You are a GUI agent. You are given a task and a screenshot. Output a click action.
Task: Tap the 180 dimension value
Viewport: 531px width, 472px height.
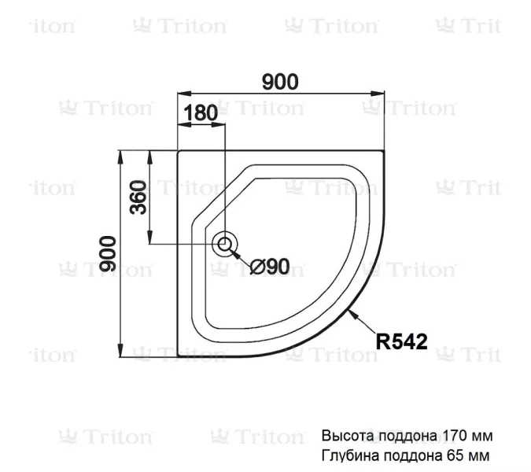(x=201, y=112)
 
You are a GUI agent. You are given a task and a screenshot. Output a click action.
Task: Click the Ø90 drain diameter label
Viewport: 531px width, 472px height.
(x=270, y=267)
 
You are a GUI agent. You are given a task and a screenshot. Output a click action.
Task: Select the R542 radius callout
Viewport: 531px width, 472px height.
(x=401, y=341)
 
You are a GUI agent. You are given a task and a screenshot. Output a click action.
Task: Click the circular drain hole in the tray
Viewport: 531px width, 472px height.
(x=226, y=244)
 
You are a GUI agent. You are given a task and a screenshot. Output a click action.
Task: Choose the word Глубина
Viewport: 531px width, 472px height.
(x=347, y=455)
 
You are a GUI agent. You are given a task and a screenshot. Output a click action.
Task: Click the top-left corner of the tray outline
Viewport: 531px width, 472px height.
(x=179, y=152)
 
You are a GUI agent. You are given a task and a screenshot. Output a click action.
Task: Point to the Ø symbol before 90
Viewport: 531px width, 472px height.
(x=256, y=267)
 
